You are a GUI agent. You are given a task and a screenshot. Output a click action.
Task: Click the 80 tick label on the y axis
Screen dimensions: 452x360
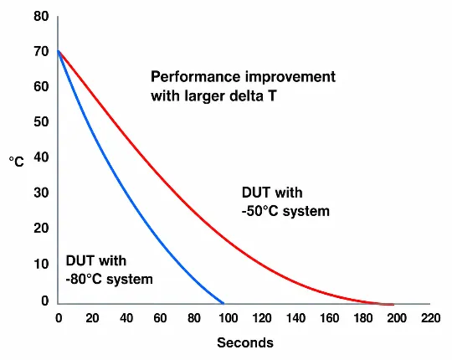pyautogui.click(x=41, y=16)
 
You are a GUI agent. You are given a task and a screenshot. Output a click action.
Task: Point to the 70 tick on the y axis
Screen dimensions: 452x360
pyautogui.click(x=41, y=52)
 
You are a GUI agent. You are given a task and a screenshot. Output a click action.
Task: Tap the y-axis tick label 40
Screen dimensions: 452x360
pyautogui.click(x=41, y=157)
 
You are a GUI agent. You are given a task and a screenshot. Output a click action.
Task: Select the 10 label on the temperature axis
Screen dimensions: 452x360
pyautogui.click(x=41, y=264)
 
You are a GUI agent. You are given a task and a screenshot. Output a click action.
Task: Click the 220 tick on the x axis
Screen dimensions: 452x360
pyautogui.click(x=431, y=318)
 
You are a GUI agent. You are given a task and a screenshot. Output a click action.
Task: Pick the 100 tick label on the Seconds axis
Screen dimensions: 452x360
pyautogui.click(x=228, y=318)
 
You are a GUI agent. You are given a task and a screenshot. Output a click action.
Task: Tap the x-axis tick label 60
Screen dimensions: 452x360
pyautogui.click(x=160, y=318)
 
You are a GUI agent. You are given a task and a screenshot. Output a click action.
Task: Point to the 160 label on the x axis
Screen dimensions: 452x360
pyautogui.click(x=329, y=318)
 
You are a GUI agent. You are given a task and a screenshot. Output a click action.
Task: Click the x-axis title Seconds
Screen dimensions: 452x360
pyautogui.click(x=245, y=342)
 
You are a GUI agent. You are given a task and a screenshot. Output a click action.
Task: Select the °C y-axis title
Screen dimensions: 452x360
pyautogui.click(x=16, y=162)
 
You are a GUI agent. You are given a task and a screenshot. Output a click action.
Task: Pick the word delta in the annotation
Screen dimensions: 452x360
pyautogui.click(x=246, y=95)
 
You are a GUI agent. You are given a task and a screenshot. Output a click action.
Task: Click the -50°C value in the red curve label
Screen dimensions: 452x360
pyautogui.click(x=259, y=211)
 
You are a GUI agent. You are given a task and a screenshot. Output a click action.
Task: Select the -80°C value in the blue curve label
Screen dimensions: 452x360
pyautogui.click(x=84, y=280)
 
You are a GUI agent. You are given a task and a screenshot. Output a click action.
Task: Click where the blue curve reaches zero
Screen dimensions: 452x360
pyautogui.click(x=223, y=303)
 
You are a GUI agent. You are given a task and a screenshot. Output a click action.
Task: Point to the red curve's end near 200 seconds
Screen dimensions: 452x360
pyautogui.click(x=393, y=305)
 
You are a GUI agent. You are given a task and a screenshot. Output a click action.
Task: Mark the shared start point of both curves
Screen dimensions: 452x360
pyautogui.click(x=58, y=51)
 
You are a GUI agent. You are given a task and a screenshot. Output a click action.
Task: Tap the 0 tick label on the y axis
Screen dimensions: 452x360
pyautogui.click(x=44, y=301)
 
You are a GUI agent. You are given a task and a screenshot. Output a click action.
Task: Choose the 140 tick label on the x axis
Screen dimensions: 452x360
pyautogui.click(x=295, y=318)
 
